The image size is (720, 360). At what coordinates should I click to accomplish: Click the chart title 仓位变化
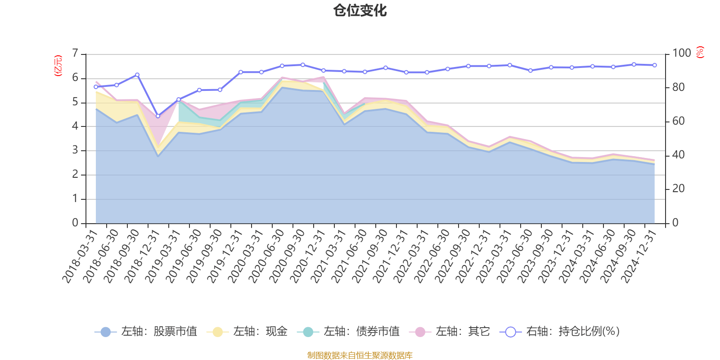coord(360,10)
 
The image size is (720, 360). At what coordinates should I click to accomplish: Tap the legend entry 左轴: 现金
coord(247,332)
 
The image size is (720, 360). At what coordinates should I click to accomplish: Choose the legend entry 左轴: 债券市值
coord(348,332)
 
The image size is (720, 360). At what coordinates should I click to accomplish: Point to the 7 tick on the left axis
coord(75,54)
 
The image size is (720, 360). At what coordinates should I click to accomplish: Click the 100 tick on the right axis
coord(681,53)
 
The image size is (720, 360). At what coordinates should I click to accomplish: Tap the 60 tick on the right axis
coord(678,121)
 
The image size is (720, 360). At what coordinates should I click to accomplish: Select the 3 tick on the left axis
coord(75,150)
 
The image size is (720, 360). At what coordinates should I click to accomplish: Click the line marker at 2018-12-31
coord(158,116)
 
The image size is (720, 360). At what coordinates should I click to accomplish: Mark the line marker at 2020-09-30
coord(303,65)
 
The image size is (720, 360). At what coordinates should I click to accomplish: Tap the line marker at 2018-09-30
coord(137,75)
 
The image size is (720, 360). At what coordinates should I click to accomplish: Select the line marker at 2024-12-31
coord(655,65)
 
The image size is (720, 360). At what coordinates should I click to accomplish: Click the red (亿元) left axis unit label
coord(58,66)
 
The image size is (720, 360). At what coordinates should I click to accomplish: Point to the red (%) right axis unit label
coord(700,52)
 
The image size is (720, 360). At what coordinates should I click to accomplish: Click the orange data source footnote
coord(360,355)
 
